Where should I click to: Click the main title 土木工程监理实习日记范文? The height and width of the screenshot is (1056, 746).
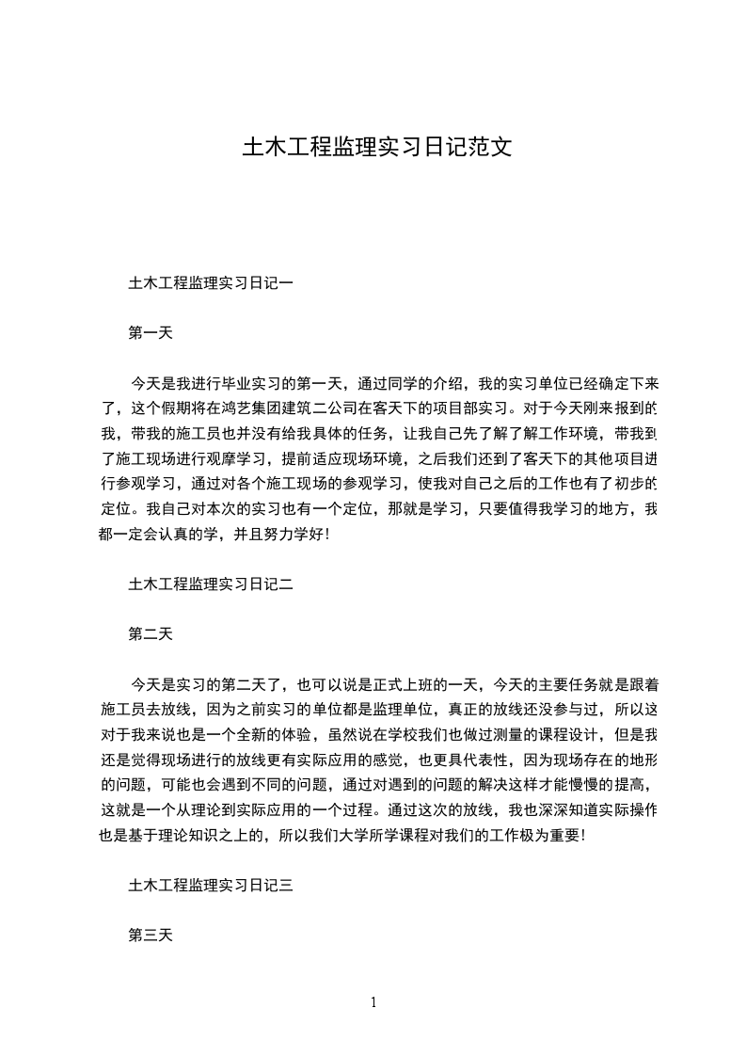[x=377, y=148]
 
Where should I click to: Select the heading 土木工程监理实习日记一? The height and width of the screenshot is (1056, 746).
[x=211, y=281]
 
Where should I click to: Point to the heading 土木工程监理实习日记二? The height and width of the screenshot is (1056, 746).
[x=211, y=584]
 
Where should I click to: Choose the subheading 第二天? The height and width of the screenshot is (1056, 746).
[x=151, y=634]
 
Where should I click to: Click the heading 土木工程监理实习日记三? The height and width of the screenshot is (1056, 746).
[x=211, y=885]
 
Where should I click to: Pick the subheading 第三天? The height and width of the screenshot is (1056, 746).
[x=151, y=936]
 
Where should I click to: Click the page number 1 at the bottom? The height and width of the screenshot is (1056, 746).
[x=373, y=1002]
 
